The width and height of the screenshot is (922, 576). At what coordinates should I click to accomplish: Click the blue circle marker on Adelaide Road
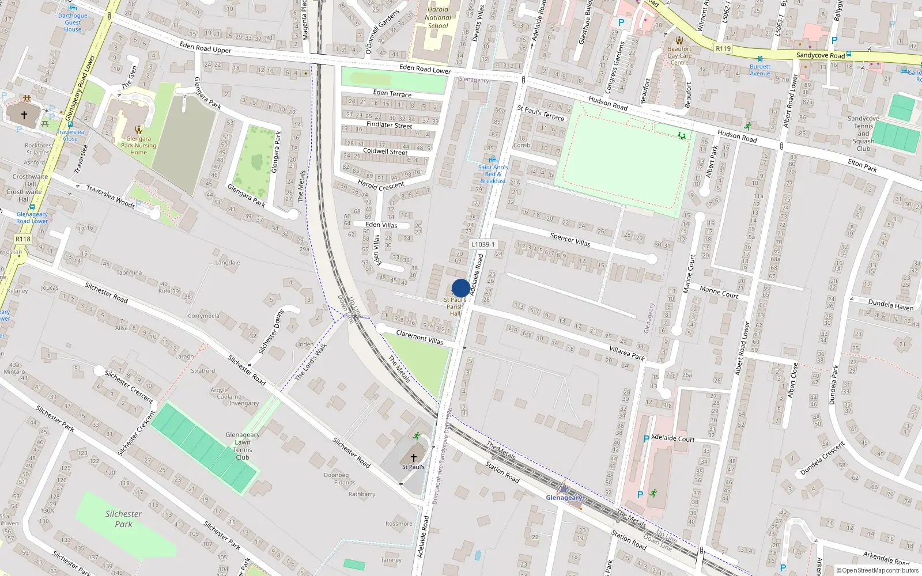click(x=461, y=288)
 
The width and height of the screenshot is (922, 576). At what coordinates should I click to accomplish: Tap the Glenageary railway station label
click(x=564, y=498)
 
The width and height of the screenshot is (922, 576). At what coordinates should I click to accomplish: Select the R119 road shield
click(x=723, y=48)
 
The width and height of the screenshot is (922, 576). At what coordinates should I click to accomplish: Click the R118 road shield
click(x=23, y=238)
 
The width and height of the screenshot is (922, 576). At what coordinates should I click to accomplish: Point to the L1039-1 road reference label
click(x=483, y=244)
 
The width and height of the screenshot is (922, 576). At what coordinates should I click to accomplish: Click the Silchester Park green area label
click(x=123, y=518)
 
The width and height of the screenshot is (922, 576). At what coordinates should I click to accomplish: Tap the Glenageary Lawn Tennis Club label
click(x=243, y=446)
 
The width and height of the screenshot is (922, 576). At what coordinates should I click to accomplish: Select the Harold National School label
click(x=438, y=17)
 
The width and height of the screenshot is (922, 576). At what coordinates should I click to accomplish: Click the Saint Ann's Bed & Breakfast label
click(x=493, y=174)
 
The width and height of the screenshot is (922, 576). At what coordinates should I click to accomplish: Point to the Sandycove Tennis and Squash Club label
click(x=863, y=134)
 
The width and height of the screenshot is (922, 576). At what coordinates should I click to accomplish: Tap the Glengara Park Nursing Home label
click(x=138, y=145)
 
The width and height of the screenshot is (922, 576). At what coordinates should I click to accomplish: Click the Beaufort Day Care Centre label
click(x=679, y=55)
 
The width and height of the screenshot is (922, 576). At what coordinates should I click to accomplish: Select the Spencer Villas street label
click(x=570, y=240)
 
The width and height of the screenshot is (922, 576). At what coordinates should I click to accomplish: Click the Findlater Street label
click(x=389, y=124)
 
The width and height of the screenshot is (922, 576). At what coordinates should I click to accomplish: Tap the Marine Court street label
click(x=719, y=293)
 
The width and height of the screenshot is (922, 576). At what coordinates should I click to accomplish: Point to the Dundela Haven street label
click(x=890, y=304)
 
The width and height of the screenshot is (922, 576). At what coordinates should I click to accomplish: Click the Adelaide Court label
click(x=672, y=438)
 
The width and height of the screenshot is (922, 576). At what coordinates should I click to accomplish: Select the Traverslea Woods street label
click(x=110, y=196)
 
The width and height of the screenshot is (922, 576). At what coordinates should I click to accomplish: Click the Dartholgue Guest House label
click(x=73, y=22)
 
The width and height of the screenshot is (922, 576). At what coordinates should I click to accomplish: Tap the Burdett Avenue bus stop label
click(x=759, y=70)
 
